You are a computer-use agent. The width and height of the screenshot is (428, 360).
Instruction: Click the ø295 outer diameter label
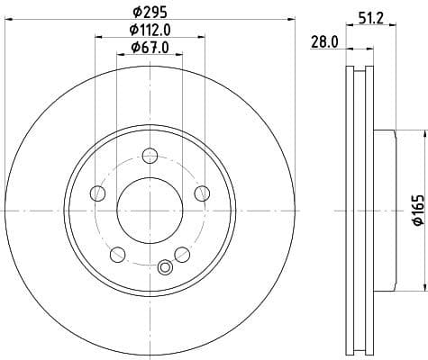tap(150, 13)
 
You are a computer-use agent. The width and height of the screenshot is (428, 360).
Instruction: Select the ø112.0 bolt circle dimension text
tap(150, 31)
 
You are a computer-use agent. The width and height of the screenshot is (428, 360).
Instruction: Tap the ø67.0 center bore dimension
tap(150, 48)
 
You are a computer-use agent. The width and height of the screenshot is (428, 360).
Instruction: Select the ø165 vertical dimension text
tap(417, 210)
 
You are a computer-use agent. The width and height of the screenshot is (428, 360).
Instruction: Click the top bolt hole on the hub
tap(150, 161)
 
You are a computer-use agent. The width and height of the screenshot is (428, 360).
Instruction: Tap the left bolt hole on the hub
tap(97, 192)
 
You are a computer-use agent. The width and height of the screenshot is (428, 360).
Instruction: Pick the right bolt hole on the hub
tap(201, 192)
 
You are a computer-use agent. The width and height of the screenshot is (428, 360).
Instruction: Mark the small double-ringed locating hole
tap(164, 266)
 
